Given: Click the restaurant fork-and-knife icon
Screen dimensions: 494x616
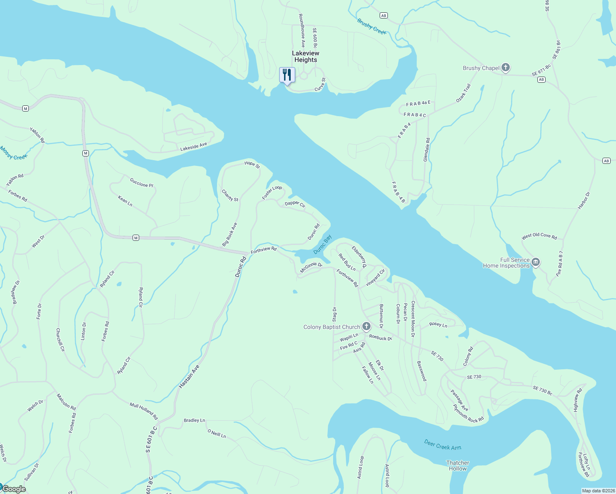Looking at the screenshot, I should [287, 75].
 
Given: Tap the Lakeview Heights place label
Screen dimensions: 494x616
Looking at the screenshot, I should [306, 56].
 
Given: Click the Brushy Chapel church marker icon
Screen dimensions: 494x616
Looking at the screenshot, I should [506, 68].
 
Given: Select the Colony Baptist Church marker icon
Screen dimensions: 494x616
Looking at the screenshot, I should [366, 327].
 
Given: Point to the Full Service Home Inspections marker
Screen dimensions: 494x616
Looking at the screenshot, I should [536, 262].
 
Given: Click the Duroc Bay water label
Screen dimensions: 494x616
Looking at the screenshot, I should [322, 245].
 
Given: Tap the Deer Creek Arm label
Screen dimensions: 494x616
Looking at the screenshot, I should [443, 445].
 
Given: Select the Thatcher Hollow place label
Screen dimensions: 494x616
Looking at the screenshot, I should [457, 466].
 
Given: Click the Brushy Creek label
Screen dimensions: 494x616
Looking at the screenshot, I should [371, 26].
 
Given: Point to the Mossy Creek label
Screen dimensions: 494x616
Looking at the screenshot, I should [14, 153].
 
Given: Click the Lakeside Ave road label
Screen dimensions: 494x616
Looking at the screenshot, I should [194, 147].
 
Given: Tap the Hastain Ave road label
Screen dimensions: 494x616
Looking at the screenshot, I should [189, 376].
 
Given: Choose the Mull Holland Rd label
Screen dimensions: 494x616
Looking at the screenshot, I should [144, 411].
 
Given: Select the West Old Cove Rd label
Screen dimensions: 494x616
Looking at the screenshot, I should [539, 236].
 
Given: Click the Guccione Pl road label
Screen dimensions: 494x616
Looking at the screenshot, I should [141, 182].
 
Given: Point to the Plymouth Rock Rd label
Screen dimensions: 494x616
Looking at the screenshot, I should [468, 414].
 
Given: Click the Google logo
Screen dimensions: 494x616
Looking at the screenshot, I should [14, 489].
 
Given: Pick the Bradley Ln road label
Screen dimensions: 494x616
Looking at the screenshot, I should [194, 420].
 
